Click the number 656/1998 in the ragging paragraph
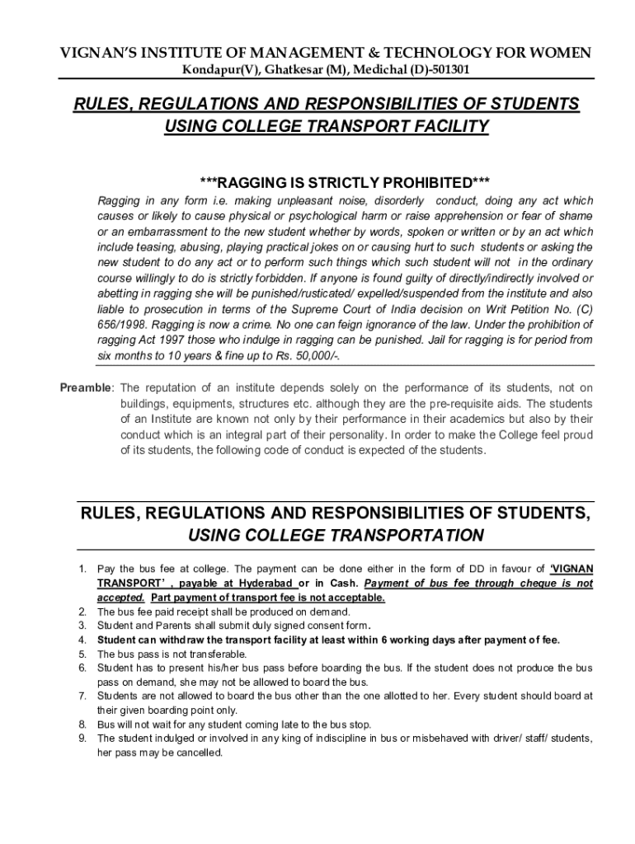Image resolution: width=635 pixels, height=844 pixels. pyautogui.click(x=122, y=325)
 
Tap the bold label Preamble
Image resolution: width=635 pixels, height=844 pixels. pyautogui.click(x=85, y=388)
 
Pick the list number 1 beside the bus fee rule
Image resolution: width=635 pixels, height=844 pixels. pyautogui.click(x=82, y=569)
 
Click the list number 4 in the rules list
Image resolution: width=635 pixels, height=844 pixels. pyautogui.click(x=82, y=640)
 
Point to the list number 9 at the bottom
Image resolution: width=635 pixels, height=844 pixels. pyautogui.click(x=82, y=738)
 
